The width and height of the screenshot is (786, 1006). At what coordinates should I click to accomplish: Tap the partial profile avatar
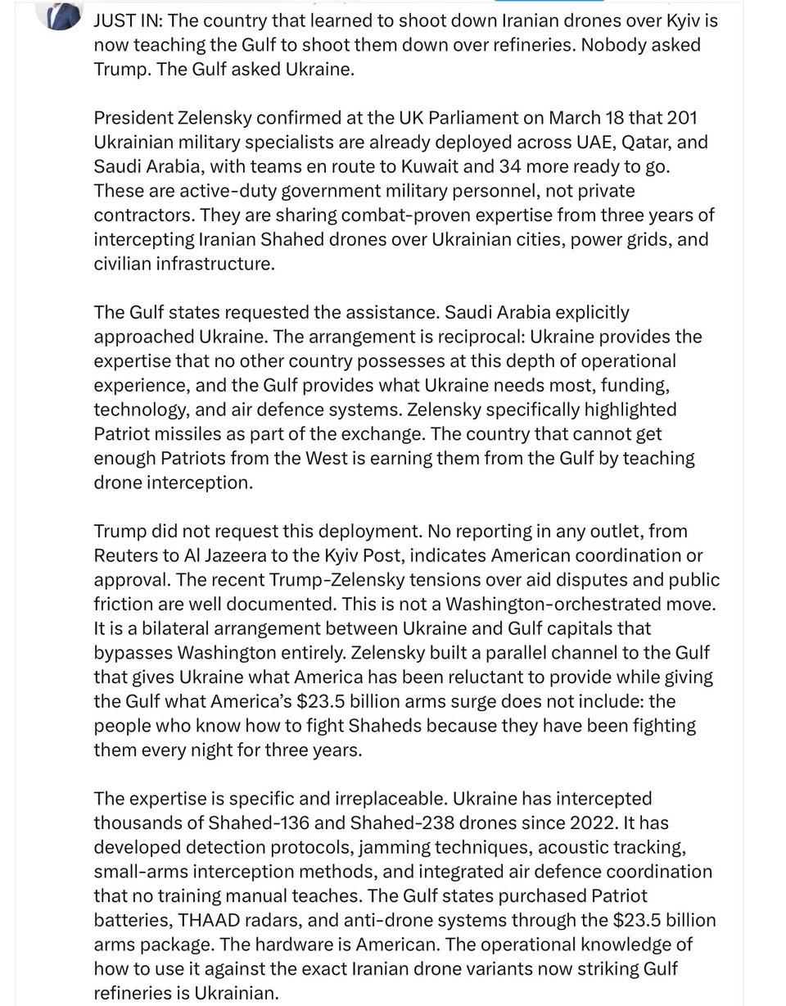(x=60, y=11)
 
